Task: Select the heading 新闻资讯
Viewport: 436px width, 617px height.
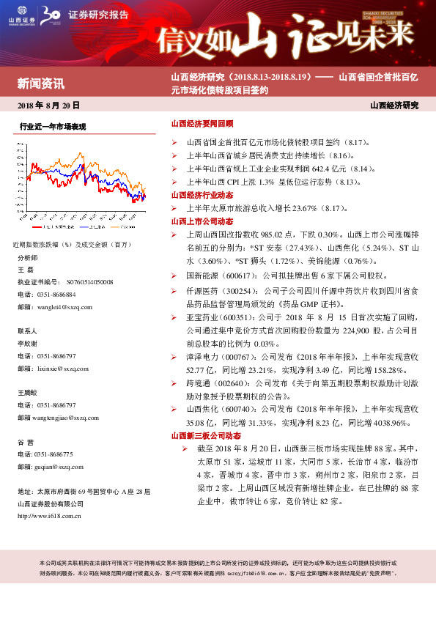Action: (41, 82)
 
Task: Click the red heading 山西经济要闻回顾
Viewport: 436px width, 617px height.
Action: (202, 125)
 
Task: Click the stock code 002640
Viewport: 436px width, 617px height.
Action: (232, 383)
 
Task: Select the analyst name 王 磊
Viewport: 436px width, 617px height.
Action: (25, 270)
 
